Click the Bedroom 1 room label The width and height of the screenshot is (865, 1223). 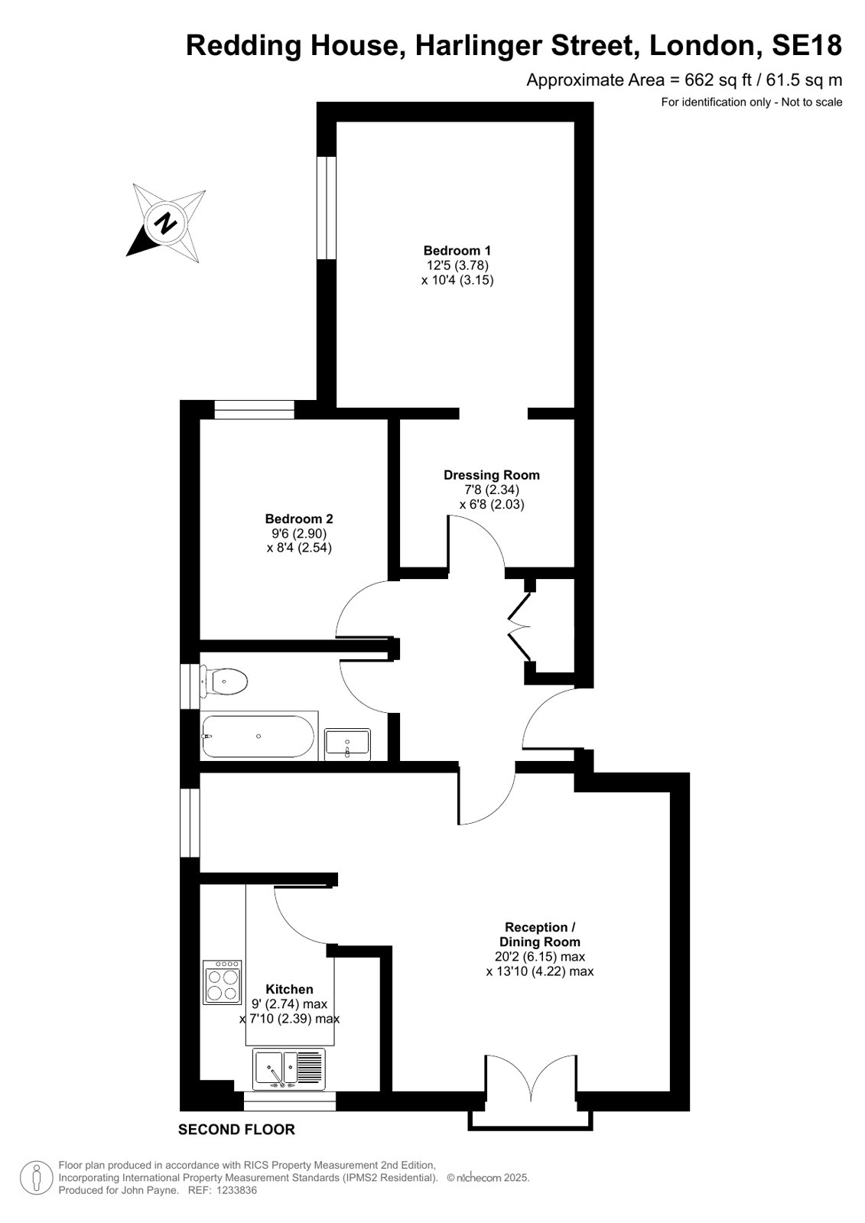coord(457,251)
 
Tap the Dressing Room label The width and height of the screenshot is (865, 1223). coord(492,475)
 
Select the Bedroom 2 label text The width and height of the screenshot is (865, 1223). coord(299,519)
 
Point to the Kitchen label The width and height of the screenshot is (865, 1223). coord(289,989)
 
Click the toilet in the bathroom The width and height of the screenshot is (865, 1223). coord(224,681)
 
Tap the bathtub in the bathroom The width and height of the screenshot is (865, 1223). coord(259,736)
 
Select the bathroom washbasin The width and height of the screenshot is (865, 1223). coord(347,743)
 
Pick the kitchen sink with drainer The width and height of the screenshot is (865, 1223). coord(289,1069)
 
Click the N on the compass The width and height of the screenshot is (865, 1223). coord(166,223)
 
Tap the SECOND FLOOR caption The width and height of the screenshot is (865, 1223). coord(236,1130)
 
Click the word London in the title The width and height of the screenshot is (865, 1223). coord(705,46)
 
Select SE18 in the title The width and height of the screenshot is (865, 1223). coord(807,45)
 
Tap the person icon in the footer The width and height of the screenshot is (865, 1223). coord(37,1178)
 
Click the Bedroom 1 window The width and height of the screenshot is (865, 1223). coord(327,208)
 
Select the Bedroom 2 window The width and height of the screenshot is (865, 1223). coord(255,409)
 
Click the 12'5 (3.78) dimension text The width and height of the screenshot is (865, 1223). coord(457,265)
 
